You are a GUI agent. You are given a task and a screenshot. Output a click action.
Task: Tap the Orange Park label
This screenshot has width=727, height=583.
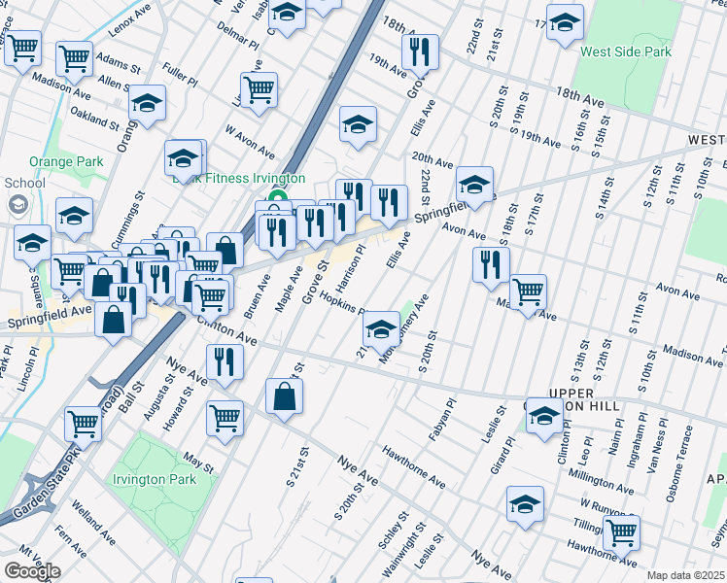point(59,161)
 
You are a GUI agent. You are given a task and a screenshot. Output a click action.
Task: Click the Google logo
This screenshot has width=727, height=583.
point(32,571)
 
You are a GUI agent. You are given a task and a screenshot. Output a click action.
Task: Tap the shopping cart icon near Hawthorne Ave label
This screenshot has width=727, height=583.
point(621,532)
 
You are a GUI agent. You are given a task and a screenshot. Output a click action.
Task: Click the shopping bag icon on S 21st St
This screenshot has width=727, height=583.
point(284,396)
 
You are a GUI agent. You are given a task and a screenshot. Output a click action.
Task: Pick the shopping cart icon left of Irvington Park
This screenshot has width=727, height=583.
point(84,424)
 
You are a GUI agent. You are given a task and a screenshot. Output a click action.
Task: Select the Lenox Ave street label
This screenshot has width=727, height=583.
point(131,25)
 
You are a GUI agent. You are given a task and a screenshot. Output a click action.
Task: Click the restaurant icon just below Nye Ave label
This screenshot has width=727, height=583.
point(225,362)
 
